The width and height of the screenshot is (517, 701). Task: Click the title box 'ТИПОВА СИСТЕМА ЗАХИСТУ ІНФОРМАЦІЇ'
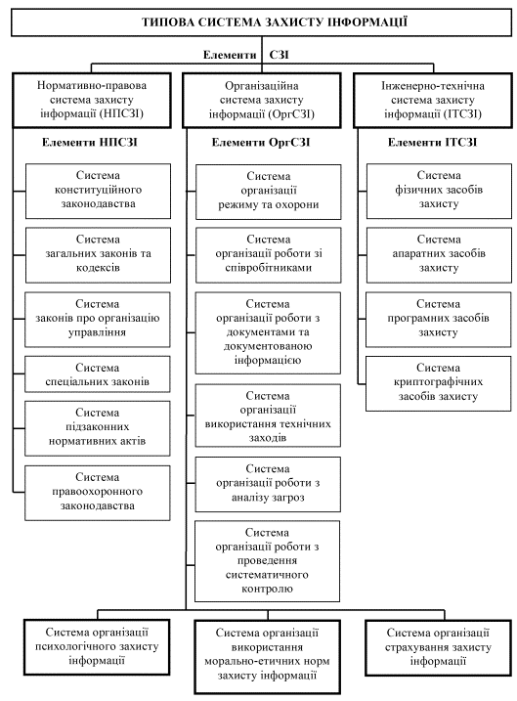(261, 22)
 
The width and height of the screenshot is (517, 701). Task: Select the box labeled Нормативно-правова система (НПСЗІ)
(92, 100)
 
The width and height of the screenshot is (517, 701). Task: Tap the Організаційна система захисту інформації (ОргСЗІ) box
(261, 100)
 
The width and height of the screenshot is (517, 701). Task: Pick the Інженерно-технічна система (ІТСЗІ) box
(433, 100)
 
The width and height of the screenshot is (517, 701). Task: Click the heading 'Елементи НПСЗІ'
(90, 143)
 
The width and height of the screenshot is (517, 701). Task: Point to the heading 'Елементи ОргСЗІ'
(261, 143)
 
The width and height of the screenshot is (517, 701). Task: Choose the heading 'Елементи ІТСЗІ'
(433, 143)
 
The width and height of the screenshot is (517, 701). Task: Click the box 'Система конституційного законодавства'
(98, 191)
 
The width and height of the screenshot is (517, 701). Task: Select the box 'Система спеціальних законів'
(98, 374)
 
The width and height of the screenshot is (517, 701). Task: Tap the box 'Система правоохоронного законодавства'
(98, 493)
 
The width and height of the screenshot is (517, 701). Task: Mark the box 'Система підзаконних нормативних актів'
(98, 428)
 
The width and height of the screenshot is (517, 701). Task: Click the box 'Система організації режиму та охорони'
(269, 192)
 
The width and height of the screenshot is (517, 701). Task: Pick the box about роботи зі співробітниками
(269, 255)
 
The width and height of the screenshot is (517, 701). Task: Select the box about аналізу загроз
(268, 484)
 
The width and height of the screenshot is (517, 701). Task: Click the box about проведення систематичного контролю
(267, 560)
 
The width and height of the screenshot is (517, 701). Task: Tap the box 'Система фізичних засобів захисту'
(439, 191)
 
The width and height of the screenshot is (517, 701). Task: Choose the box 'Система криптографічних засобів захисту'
(439, 383)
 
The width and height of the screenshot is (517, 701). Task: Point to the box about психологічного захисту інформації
(97, 647)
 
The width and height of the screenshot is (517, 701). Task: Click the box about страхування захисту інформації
(438, 647)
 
